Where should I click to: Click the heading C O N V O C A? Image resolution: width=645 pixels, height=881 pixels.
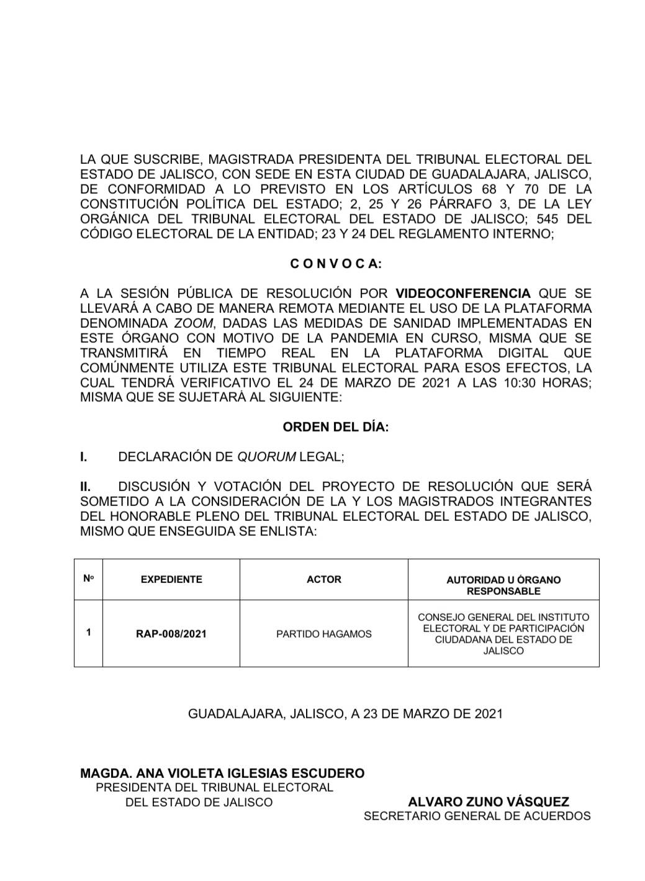pyautogui.click(x=336, y=263)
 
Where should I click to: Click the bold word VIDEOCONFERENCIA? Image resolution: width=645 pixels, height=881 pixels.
pyautogui.click(x=463, y=293)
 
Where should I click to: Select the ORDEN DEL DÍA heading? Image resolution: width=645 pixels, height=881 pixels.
pyautogui.click(x=336, y=427)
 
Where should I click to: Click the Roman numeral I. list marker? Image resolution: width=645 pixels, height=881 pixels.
pyautogui.click(x=83, y=457)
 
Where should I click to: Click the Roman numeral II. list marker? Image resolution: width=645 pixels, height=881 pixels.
pyautogui.click(x=86, y=486)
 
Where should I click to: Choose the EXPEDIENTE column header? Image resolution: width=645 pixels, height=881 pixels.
pyautogui.click(x=171, y=579)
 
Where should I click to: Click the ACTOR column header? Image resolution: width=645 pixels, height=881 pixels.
pyautogui.click(x=324, y=579)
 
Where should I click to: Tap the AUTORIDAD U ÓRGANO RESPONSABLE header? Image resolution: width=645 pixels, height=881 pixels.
pyautogui.click(x=503, y=585)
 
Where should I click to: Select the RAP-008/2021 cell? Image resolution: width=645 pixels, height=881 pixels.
pyautogui.click(x=171, y=634)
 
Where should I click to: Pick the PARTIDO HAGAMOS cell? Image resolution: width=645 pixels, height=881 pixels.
pyautogui.click(x=324, y=634)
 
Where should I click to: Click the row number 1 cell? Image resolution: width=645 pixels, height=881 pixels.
pyautogui.click(x=89, y=633)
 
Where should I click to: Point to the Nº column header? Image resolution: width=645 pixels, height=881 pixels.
pyautogui.click(x=88, y=579)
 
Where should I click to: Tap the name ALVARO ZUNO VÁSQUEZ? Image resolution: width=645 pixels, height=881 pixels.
pyautogui.click(x=489, y=802)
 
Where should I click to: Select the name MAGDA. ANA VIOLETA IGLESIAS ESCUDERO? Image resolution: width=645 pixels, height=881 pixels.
pyautogui.click(x=222, y=773)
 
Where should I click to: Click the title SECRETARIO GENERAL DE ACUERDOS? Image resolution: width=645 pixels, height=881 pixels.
pyautogui.click(x=477, y=816)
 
